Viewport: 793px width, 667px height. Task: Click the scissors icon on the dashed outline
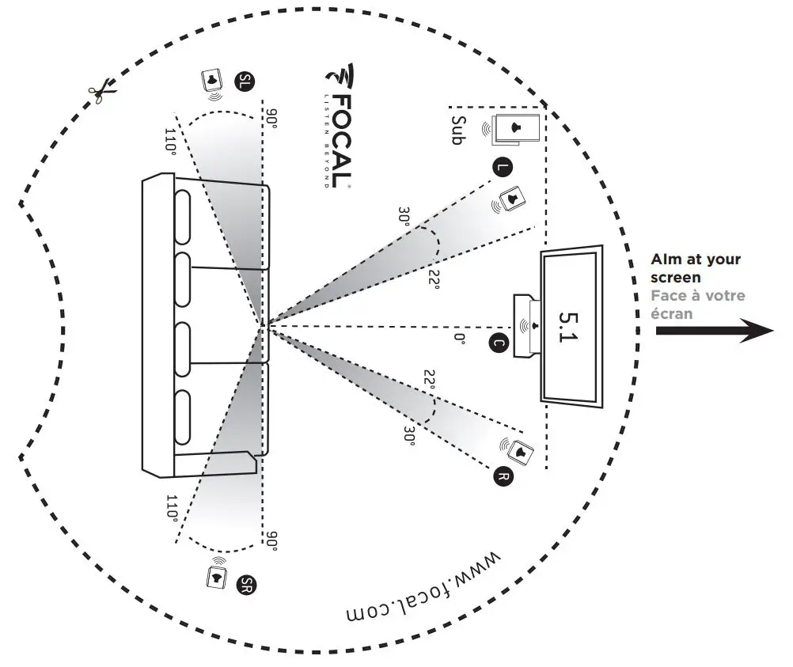103,93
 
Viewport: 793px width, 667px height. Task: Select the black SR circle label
246,585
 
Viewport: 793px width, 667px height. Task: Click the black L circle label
500,167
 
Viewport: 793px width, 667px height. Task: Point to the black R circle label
502,476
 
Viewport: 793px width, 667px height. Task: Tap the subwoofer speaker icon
515,128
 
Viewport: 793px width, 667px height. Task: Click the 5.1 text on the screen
569,327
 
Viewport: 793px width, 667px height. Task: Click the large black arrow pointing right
713,333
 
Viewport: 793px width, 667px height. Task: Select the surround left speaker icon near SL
212,81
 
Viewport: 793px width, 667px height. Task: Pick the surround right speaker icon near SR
215,578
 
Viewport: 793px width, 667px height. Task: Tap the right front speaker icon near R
518,451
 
